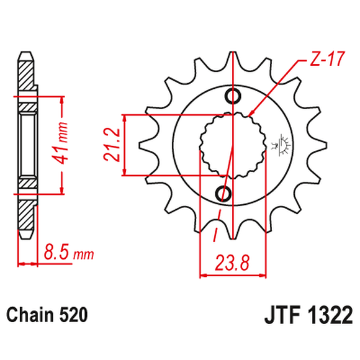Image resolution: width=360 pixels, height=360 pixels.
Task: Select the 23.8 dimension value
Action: tap(232, 261)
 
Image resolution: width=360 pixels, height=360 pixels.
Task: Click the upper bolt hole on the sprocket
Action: tap(233, 96)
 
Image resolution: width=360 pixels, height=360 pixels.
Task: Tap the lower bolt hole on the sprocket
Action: tap(225, 192)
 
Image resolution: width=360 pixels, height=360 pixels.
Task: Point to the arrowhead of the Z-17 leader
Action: tap(251, 114)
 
